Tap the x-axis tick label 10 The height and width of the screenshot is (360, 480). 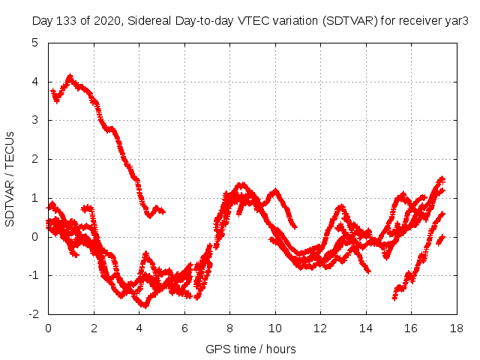[x=275, y=328]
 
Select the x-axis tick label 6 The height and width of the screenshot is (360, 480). [x=184, y=328]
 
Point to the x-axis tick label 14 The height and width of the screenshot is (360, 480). [x=365, y=328]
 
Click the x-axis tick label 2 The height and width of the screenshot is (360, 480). [x=94, y=328]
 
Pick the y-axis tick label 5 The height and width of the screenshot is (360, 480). [x=35, y=42]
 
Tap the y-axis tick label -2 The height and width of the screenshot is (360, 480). [x=33, y=314]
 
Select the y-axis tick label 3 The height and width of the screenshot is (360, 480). [x=35, y=120]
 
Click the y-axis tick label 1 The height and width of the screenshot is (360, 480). [x=35, y=198]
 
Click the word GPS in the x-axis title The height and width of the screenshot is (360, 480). [x=217, y=349]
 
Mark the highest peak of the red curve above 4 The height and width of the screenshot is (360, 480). [x=70, y=76]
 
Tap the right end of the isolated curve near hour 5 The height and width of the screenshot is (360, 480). [x=163, y=212]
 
